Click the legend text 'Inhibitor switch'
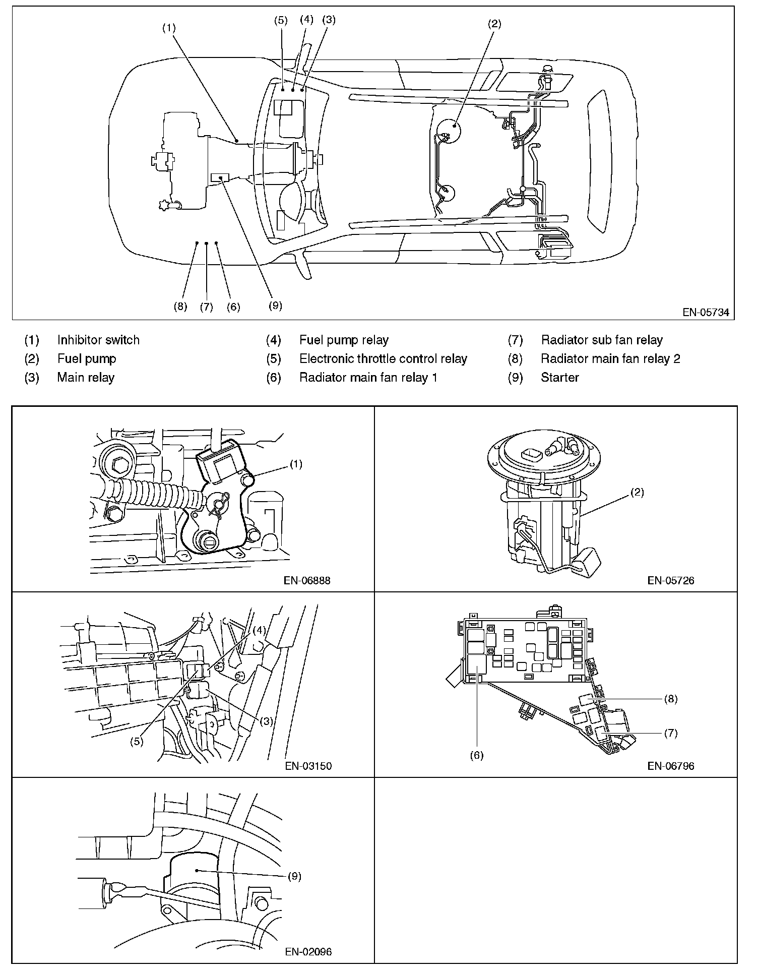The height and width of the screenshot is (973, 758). [98, 340]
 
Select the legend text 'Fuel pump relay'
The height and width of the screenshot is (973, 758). [344, 340]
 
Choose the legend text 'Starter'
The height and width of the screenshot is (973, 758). [560, 378]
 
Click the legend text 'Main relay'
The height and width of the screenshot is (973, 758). [86, 378]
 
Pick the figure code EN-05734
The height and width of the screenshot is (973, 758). [706, 312]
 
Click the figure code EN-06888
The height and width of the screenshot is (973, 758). [307, 580]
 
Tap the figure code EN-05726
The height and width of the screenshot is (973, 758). [671, 580]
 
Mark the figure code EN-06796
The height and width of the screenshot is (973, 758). [671, 766]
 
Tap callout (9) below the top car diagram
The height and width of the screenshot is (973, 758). [275, 306]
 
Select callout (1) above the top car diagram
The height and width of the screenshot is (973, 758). [169, 28]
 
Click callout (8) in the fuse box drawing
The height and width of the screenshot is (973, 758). [671, 699]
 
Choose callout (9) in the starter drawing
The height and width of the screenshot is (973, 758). [295, 876]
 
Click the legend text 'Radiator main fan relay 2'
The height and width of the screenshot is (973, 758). [611, 359]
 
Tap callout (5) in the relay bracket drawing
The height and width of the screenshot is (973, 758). [136, 742]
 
